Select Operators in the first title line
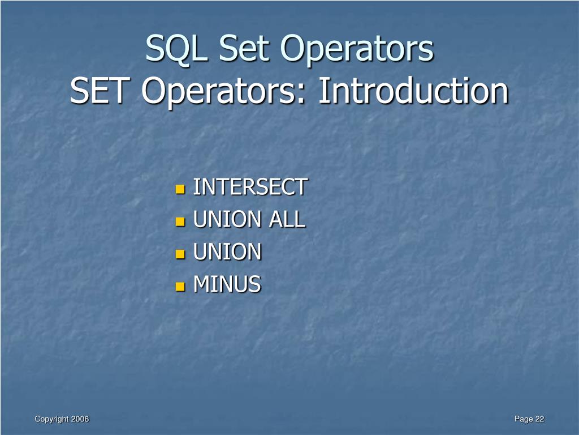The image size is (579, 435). click(x=358, y=49)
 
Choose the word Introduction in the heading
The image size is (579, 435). click(x=413, y=91)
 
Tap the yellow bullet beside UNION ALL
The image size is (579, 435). click(x=180, y=221)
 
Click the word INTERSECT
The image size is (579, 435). click(x=250, y=187)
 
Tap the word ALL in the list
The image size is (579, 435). click(x=287, y=219)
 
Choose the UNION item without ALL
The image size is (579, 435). click(x=227, y=252)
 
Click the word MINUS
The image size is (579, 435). click(x=227, y=284)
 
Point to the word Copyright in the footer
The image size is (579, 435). click(x=51, y=419)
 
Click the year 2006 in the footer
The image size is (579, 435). click(x=80, y=419)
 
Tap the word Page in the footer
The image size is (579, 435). click(x=524, y=419)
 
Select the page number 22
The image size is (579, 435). click(x=539, y=419)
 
